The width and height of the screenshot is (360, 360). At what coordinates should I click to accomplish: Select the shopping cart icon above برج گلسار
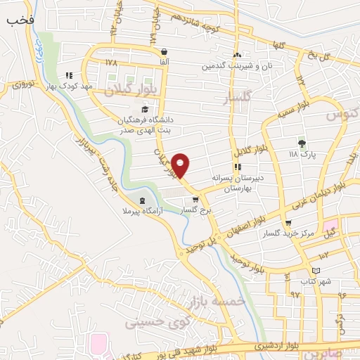tap(195, 200)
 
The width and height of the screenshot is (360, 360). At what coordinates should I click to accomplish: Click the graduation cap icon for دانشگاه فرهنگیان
tap(145, 109)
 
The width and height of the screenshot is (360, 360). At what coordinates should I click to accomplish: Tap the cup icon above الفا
tap(164, 51)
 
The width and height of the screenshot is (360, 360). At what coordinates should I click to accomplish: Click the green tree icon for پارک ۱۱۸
tap(302, 143)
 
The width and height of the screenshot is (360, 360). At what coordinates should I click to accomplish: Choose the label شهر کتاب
tap(315, 281)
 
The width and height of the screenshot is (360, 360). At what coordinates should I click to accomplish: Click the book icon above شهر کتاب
tap(316, 271)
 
